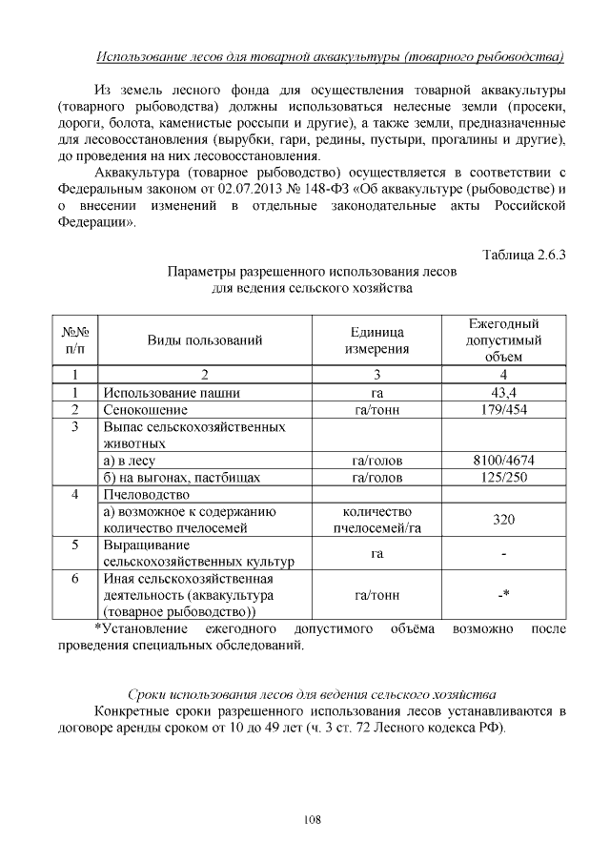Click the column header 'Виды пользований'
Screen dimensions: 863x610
coord(204,339)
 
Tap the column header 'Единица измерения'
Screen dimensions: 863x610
coord(376,339)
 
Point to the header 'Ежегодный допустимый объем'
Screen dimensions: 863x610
coord(503,339)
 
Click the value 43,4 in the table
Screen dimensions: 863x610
coord(503,392)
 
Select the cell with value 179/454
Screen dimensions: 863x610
coord(503,409)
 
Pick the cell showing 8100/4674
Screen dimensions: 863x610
coord(503,461)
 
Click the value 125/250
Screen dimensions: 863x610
coord(503,477)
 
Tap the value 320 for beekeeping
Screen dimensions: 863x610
coord(503,520)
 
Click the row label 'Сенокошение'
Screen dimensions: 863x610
coord(148,409)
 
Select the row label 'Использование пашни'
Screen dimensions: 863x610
coord(172,392)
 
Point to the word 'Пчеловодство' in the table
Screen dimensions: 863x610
coord(147,495)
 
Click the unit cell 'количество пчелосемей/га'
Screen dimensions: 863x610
coord(376,520)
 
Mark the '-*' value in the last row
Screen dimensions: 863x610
coord(503,596)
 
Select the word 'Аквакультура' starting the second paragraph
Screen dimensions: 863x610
coord(139,172)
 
